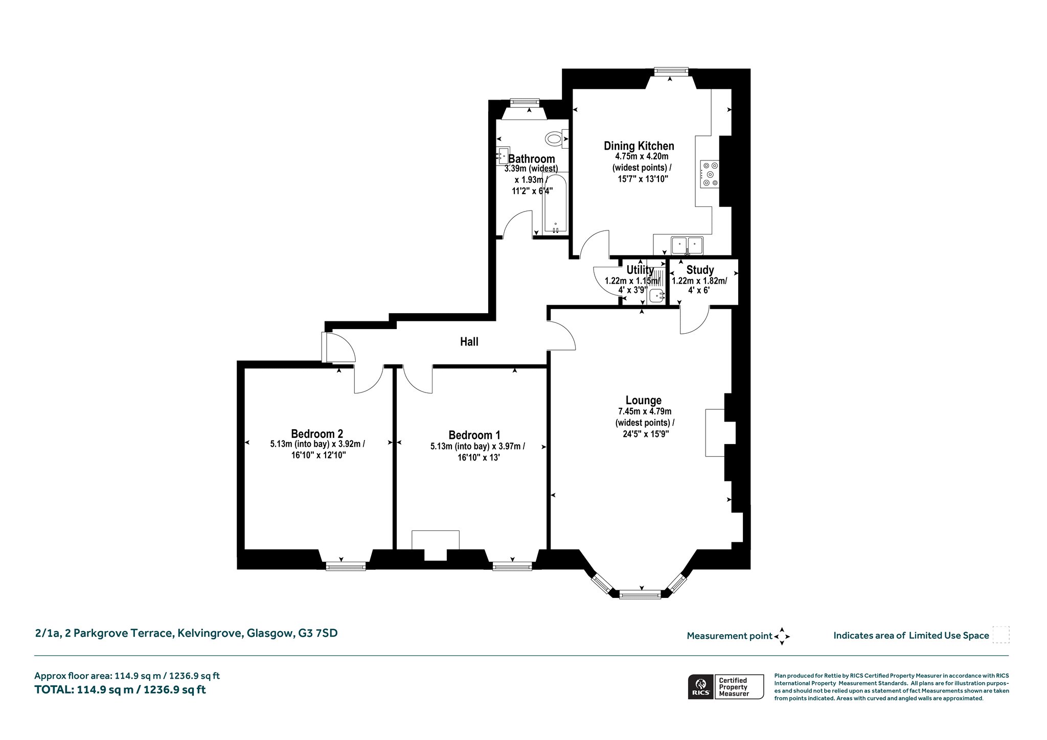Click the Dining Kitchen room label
coord(639,146)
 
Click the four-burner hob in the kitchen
coord(710,174)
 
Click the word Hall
coord(469,341)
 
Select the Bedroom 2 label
coord(317,434)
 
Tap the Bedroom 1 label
coord(474,435)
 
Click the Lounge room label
coord(644,400)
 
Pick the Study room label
coord(700,270)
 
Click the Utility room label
coord(640,269)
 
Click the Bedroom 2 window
coord(346,566)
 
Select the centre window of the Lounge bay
coord(640,594)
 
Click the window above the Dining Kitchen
coord(671,72)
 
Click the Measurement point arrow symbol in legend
coord(782,636)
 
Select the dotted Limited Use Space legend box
coord(1000,635)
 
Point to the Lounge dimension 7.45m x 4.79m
coord(645,411)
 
